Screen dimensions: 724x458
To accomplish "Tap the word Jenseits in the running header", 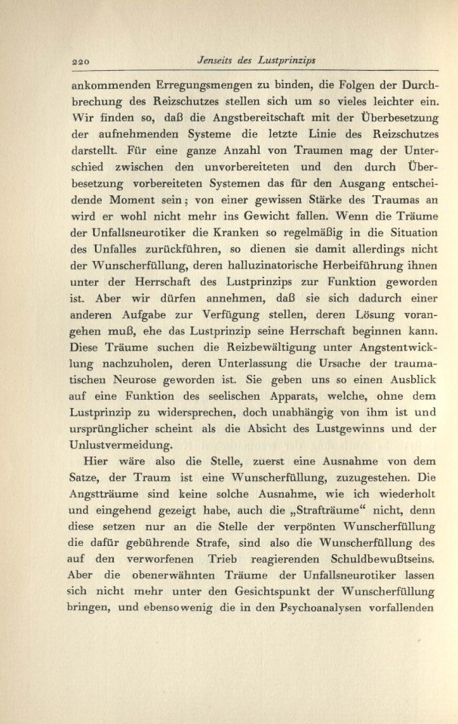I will pyautogui.click(x=216, y=61).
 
